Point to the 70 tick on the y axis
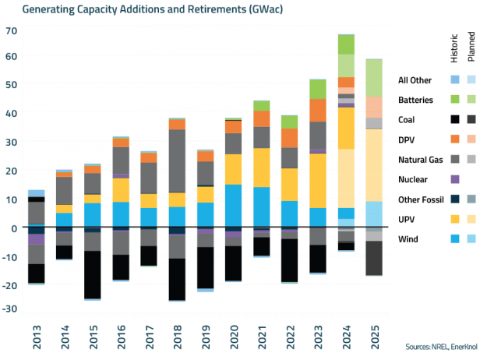pos(11,30)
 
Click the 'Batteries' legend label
pos(422,100)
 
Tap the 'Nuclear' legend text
pos(417,179)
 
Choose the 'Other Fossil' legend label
pos(424,199)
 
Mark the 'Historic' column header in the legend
pos(455,49)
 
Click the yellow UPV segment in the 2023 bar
pos(318,180)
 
